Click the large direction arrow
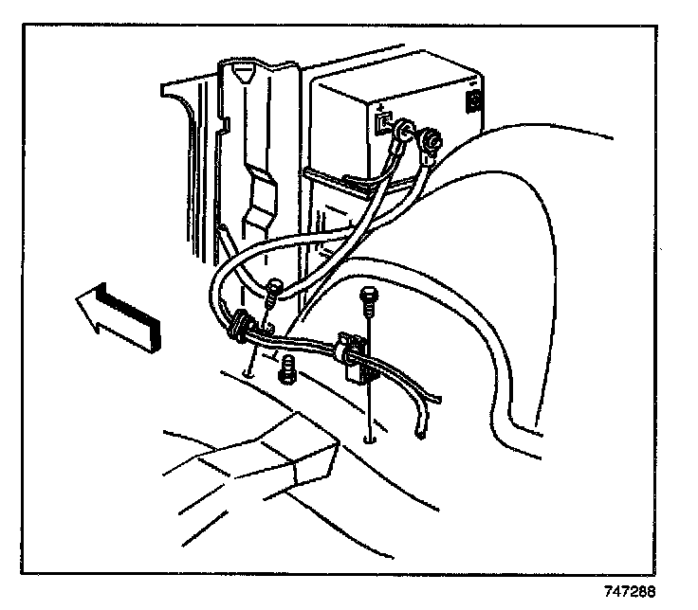click(119, 318)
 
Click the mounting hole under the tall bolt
click(368, 438)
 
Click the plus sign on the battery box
click(378, 106)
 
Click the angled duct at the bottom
click(256, 465)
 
